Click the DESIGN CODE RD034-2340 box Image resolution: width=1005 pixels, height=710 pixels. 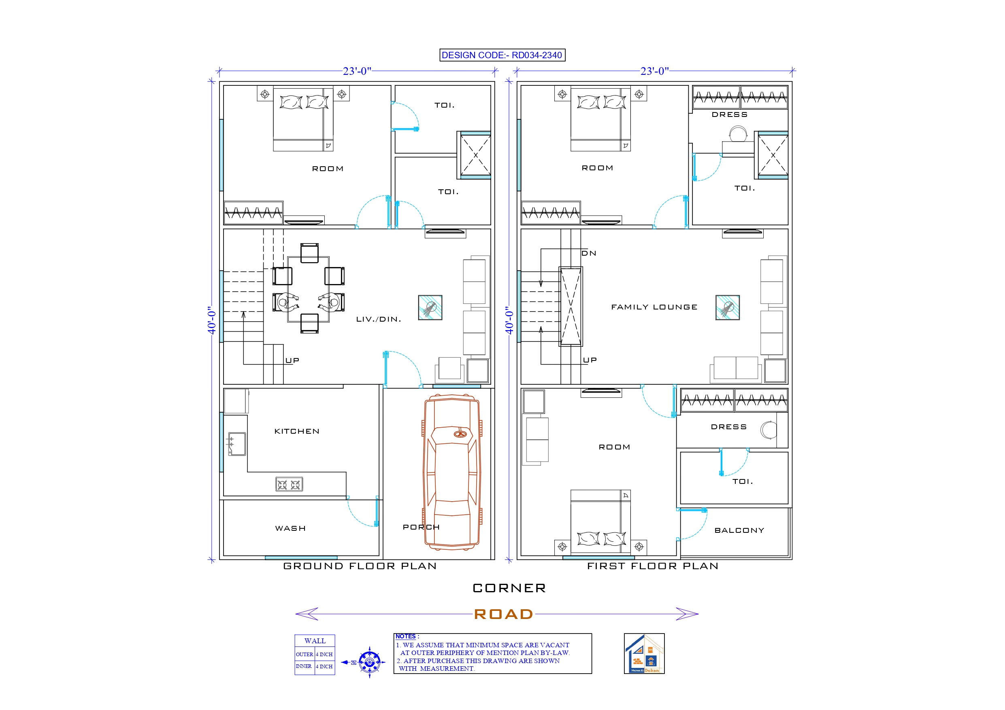point(502,55)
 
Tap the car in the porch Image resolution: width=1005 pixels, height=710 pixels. point(452,473)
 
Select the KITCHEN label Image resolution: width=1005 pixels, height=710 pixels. point(297,431)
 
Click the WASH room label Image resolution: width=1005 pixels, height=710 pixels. point(290,528)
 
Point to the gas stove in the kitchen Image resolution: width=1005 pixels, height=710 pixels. point(289,484)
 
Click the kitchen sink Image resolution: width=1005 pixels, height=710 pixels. point(237,444)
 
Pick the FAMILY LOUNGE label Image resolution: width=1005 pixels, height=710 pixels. point(654,307)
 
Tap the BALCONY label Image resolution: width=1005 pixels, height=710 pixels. point(739,530)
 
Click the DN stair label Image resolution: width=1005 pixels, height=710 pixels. point(589,253)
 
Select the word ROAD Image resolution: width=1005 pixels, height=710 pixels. point(503,614)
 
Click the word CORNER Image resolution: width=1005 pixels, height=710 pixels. point(509,588)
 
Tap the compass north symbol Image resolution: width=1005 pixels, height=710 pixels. point(369,662)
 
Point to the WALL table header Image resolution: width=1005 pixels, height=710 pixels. point(315,641)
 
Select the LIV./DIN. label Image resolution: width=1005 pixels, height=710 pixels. point(379,319)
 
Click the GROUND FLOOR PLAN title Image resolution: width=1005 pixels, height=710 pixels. point(360,566)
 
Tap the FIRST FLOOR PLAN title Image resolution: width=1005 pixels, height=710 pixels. point(653,566)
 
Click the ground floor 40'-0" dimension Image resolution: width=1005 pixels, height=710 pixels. point(212,320)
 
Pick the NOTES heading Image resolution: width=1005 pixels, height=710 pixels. point(406,636)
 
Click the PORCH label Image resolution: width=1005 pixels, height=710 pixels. point(421,527)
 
